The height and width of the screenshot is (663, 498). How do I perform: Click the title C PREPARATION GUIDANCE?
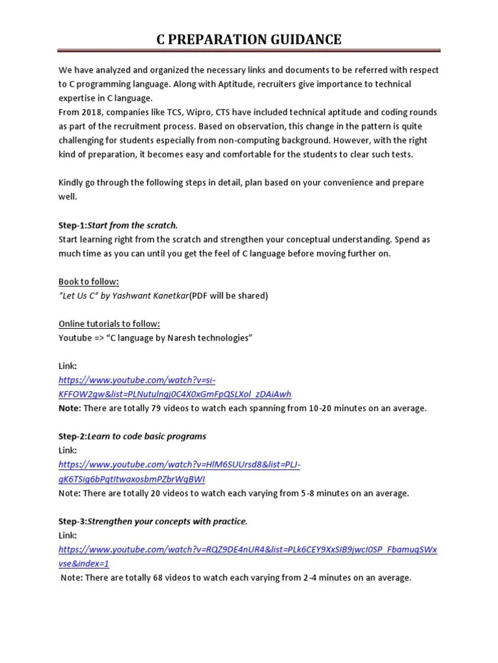click(249, 40)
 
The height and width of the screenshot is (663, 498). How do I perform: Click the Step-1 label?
click(72, 225)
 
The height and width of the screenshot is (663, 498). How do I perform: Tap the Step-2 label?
click(72, 436)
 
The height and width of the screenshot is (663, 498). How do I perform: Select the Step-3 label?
click(72, 521)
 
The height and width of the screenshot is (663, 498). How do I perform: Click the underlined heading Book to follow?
click(89, 282)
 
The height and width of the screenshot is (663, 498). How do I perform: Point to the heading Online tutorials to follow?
click(109, 324)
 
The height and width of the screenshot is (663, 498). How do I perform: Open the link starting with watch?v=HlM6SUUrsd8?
click(180, 465)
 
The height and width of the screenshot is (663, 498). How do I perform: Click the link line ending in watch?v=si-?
click(141, 380)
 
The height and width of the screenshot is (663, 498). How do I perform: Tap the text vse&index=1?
click(84, 563)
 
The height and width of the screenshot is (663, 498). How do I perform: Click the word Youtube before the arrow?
click(75, 338)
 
